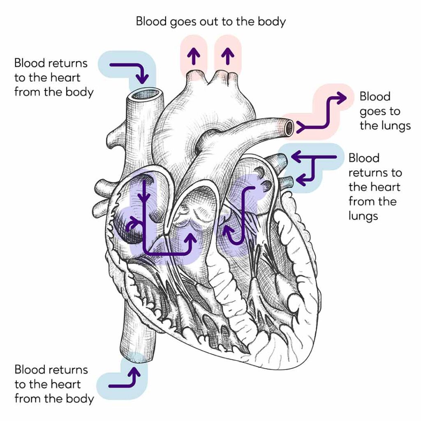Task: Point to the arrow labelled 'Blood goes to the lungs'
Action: (x=325, y=113)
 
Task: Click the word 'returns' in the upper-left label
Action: (x=68, y=63)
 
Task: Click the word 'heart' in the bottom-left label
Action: (x=67, y=384)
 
